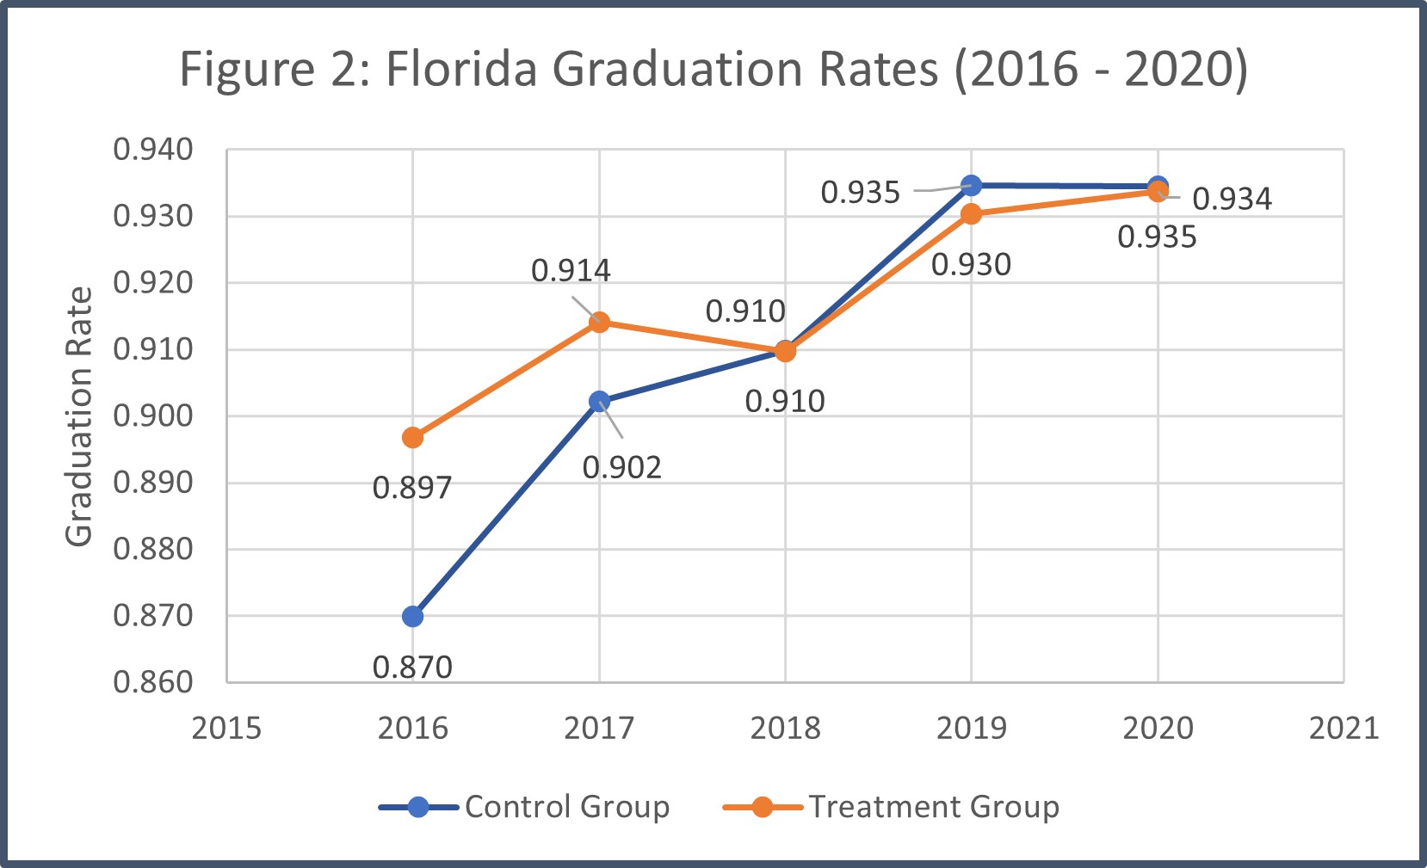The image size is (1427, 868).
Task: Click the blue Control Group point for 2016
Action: (412, 616)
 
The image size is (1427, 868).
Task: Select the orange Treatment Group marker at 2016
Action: (412, 438)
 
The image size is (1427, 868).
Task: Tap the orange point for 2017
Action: (599, 323)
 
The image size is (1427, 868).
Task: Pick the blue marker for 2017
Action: (599, 401)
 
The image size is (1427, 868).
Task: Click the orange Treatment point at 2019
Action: (971, 214)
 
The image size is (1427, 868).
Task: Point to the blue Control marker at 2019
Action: (971, 185)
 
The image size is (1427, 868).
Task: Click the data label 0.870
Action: (412, 667)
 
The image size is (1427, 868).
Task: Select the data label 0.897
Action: (412, 488)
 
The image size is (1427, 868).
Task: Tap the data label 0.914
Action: (571, 270)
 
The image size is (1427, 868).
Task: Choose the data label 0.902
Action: (621, 467)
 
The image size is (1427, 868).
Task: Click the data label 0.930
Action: (971, 264)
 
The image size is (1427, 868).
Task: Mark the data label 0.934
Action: (1232, 199)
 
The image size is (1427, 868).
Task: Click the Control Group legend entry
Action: (525, 806)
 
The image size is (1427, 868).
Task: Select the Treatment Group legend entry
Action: (892, 806)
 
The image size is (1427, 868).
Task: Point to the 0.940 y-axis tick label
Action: (153, 150)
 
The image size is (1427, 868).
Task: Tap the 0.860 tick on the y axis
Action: (153, 681)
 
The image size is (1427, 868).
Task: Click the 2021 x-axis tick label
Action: (1344, 729)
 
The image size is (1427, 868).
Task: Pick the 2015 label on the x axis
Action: (226, 729)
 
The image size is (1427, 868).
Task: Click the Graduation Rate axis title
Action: (79, 416)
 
